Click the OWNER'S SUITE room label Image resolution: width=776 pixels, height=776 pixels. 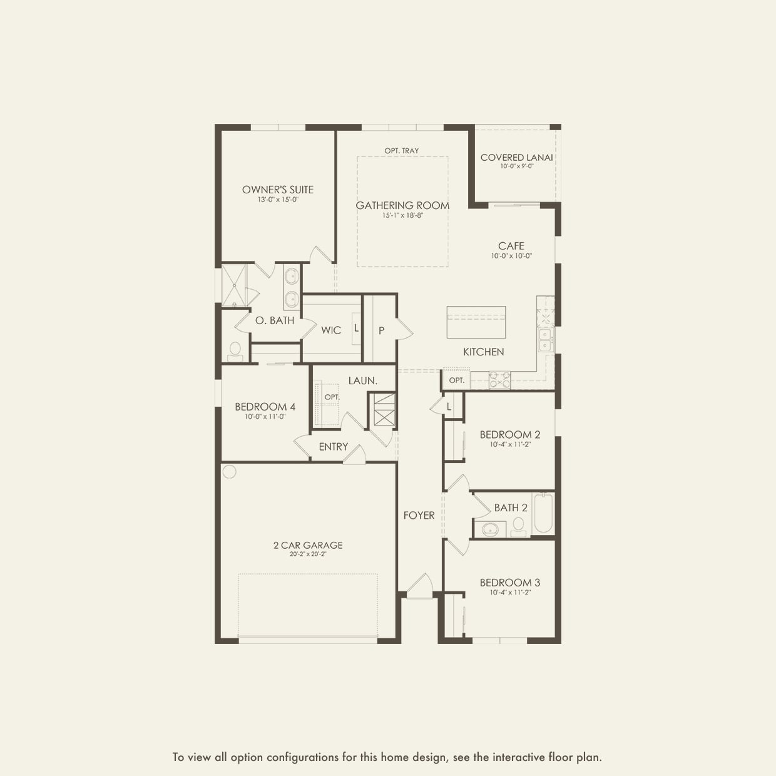[278, 190]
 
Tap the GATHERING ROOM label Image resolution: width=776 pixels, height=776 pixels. [402, 205]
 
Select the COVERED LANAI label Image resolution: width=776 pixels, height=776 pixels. [516, 158]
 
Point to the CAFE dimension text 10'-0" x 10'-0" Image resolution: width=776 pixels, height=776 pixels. [511, 256]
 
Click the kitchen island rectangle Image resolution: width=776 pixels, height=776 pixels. [476, 322]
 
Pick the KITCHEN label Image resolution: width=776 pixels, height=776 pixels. [483, 352]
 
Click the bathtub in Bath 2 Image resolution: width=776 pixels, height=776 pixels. [543, 513]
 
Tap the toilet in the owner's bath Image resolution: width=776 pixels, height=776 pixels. [235, 351]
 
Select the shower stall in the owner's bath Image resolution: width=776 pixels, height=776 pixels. [234, 285]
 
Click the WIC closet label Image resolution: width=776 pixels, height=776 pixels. [331, 330]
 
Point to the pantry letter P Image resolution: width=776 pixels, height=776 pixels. [381, 330]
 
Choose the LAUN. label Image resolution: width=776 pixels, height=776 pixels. [362, 380]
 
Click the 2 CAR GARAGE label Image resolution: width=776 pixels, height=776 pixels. [308, 545]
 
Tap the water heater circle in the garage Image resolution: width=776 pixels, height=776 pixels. [230, 471]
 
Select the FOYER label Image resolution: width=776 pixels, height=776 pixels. [419, 515]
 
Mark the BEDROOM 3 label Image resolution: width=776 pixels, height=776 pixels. [510, 583]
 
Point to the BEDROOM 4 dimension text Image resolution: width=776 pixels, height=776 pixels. [265, 417]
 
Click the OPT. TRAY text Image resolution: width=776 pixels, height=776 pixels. [402, 151]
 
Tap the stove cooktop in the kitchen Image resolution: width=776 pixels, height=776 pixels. [499, 380]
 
